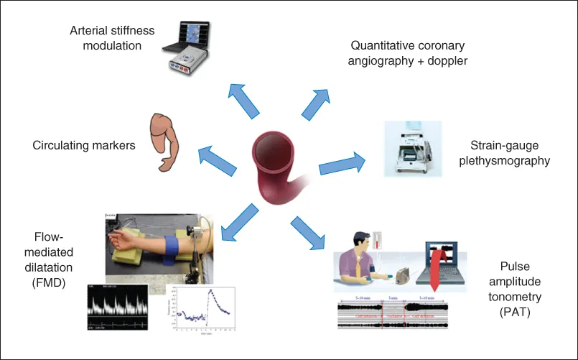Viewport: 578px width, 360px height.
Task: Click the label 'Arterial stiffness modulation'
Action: point(106,38)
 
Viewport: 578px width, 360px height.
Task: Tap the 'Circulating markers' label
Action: point(84,145)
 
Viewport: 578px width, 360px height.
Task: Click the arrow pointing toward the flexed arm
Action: point(218,158)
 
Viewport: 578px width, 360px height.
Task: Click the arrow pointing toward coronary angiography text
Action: point(316,101)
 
